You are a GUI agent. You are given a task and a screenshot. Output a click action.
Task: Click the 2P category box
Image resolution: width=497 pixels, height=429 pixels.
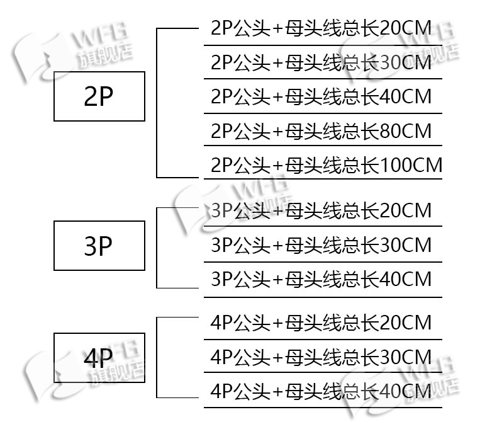(x=99, y=96)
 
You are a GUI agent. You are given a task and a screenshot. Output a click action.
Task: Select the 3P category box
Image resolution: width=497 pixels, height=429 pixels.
(x=99, y=246)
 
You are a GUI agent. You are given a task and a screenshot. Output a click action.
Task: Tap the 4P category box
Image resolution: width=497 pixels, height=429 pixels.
(x=99, y=358)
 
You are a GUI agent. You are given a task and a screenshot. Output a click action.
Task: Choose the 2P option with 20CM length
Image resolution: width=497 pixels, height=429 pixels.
(x=321, y=28)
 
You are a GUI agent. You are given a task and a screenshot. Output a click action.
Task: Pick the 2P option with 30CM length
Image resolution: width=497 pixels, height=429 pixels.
(x=321, y=63)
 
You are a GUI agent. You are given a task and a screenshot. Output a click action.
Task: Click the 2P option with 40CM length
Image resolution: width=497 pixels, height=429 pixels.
(x=321, y=97)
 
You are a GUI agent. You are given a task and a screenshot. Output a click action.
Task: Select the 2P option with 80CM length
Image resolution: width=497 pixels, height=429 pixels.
(x=321, y=131)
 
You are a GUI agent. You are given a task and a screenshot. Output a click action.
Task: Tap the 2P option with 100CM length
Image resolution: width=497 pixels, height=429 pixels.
(x=327, y=165)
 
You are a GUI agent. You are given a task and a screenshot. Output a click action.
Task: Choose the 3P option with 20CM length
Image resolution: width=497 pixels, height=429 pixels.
(x=321, y=210)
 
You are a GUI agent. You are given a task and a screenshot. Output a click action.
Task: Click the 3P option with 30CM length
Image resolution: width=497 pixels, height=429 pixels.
(x=321, y=244)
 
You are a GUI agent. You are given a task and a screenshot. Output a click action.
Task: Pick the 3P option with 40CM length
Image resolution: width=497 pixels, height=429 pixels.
(x=321, y=278)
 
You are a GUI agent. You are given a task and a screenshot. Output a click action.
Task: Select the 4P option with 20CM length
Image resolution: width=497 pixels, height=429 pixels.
(x=321, y=323)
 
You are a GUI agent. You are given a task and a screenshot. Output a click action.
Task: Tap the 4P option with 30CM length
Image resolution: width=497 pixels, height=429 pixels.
(x=321, y=357)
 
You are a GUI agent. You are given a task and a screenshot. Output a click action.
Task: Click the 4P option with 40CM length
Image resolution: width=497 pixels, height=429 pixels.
(x=321, y=391)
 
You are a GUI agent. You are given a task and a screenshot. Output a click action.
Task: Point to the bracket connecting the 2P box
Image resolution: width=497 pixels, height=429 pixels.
(x=157, y=103)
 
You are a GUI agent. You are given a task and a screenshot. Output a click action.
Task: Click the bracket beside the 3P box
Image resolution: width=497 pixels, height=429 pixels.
(x=157, y=248)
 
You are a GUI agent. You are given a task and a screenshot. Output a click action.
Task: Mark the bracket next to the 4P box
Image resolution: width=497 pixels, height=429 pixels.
(x=157, y=357)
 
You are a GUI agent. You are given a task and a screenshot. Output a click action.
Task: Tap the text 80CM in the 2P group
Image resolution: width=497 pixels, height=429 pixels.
(x=407, y=131)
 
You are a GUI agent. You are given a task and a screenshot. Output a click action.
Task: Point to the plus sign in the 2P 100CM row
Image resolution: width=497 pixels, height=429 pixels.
(x=277, y=166)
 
